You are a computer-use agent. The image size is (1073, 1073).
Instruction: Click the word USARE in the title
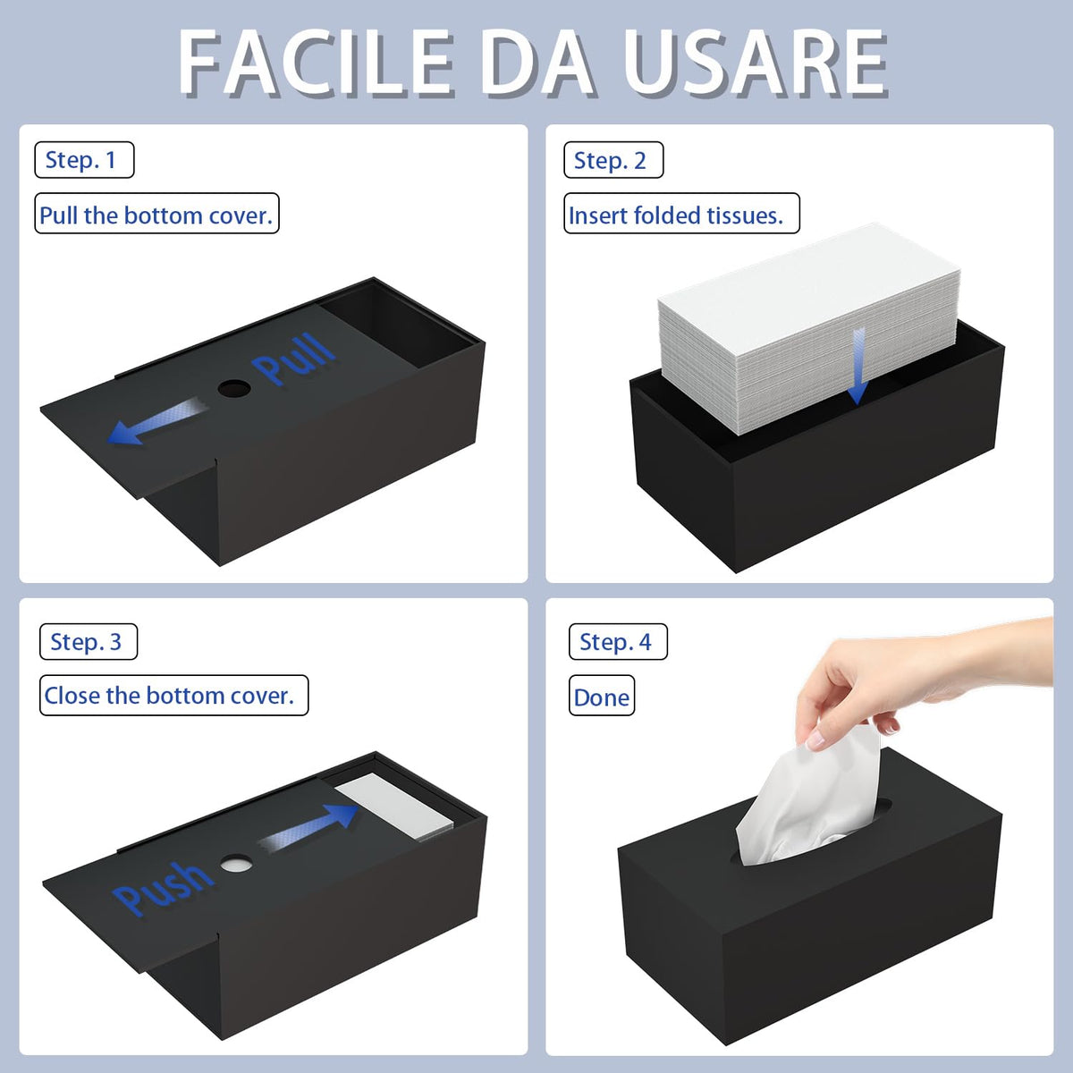(755, 63)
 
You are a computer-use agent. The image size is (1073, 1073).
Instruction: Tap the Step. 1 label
(84, 160)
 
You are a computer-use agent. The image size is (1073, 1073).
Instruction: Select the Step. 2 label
(613, 160)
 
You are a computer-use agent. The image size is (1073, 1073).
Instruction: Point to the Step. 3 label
(89, 641)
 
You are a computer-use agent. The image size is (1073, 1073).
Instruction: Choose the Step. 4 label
(618, 641)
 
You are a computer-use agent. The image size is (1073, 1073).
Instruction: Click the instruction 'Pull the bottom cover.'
(156, 214)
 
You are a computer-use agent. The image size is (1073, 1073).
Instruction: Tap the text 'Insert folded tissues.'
(681, 214)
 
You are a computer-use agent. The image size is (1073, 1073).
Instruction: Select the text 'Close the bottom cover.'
(173, 696)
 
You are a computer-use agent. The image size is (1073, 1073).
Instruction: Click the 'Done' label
(602, 696)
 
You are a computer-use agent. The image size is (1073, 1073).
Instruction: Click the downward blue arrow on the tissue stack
(858, 366)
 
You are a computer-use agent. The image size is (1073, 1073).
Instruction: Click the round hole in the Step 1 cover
(234, 388)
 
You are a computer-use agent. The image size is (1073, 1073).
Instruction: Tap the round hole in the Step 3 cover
(236, 864)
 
